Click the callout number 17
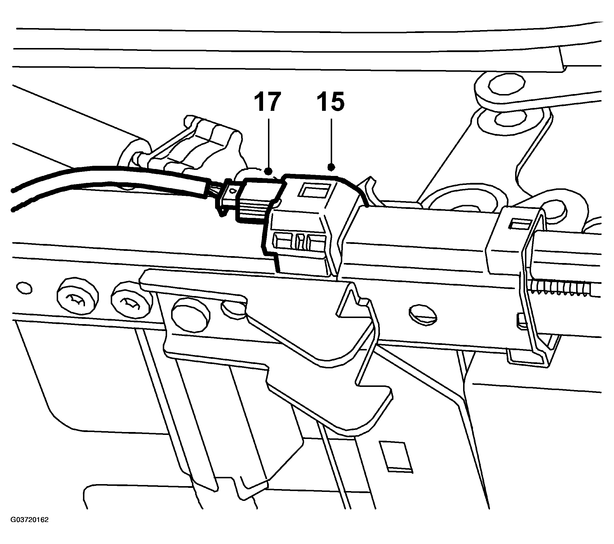(x=268, y=102)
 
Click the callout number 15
(x=331, y=102)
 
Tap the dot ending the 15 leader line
(x=331, y=167)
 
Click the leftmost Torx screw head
(x=77, y=298)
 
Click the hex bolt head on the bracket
(x=191, y=314)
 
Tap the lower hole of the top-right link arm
(x=510, y=119)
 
